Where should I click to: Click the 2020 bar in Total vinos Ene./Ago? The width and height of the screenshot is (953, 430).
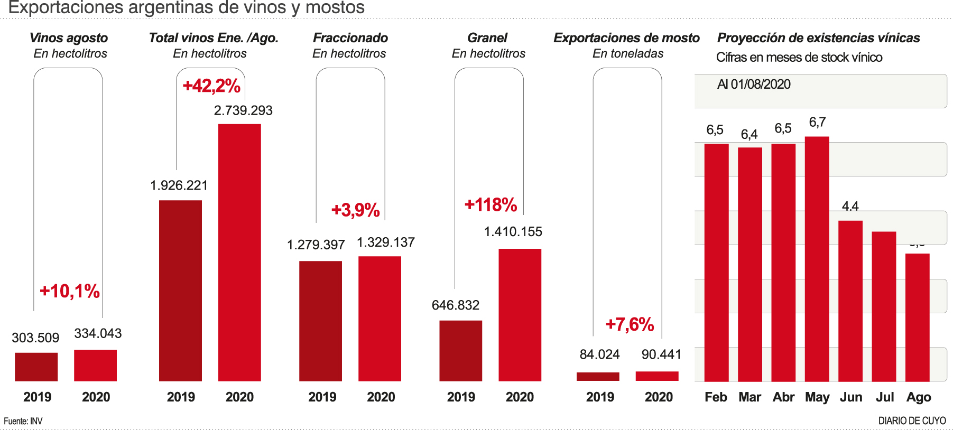(x=239, y=253)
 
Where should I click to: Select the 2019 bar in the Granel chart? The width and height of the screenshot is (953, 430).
(x=460, y=351)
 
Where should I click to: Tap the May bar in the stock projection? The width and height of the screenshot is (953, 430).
(x=817, y=259)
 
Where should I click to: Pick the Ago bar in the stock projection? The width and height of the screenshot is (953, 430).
(x=917, y=317)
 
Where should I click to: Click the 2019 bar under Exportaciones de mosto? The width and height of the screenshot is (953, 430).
(x=598, y=377)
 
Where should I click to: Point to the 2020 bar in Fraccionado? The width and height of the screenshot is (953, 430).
(x=380, y=319)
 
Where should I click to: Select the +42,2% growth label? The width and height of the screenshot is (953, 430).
(x=211, y=86)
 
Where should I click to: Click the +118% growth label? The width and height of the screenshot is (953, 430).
(x=491, y=205)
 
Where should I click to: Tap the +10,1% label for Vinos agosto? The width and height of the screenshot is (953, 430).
(x=70, y=291)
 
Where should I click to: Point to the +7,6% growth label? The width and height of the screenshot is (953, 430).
(x=630, y=324)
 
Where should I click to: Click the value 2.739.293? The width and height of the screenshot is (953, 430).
(x=243, y=110)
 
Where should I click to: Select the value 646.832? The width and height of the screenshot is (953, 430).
(x=456, y=305)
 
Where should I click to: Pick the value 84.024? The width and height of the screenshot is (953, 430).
(x=599, y=354)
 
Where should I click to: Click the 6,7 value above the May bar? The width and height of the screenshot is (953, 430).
(x=817, y=123)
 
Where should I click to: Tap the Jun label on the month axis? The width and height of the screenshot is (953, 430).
(x=851, y=397)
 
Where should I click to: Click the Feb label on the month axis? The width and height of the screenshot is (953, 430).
(x=716, y=397)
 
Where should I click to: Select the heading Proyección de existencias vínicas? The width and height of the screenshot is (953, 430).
(x=818, y=38)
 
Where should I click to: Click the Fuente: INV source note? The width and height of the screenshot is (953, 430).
(x=23, y=421)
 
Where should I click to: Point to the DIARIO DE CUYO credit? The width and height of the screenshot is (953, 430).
(x=912, y=421)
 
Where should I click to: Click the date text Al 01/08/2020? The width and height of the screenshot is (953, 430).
(x=754, y=85)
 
